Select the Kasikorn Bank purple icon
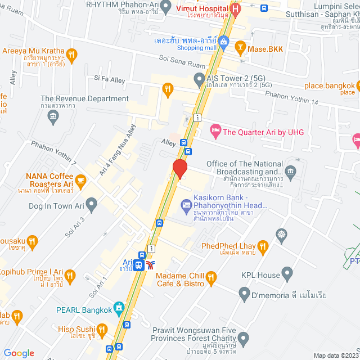[x=186, y=204]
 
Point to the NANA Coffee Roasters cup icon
[x=80, y=181]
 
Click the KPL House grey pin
[x=288, y=275]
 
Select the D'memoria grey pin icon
[x=244, y=294]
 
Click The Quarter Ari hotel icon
[x=215, y=132]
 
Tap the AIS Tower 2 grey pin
[x=199, y=79]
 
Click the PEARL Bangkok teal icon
[x=118, y=308]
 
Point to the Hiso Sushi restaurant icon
[x=102, y=328]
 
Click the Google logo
[x=19, y=353]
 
